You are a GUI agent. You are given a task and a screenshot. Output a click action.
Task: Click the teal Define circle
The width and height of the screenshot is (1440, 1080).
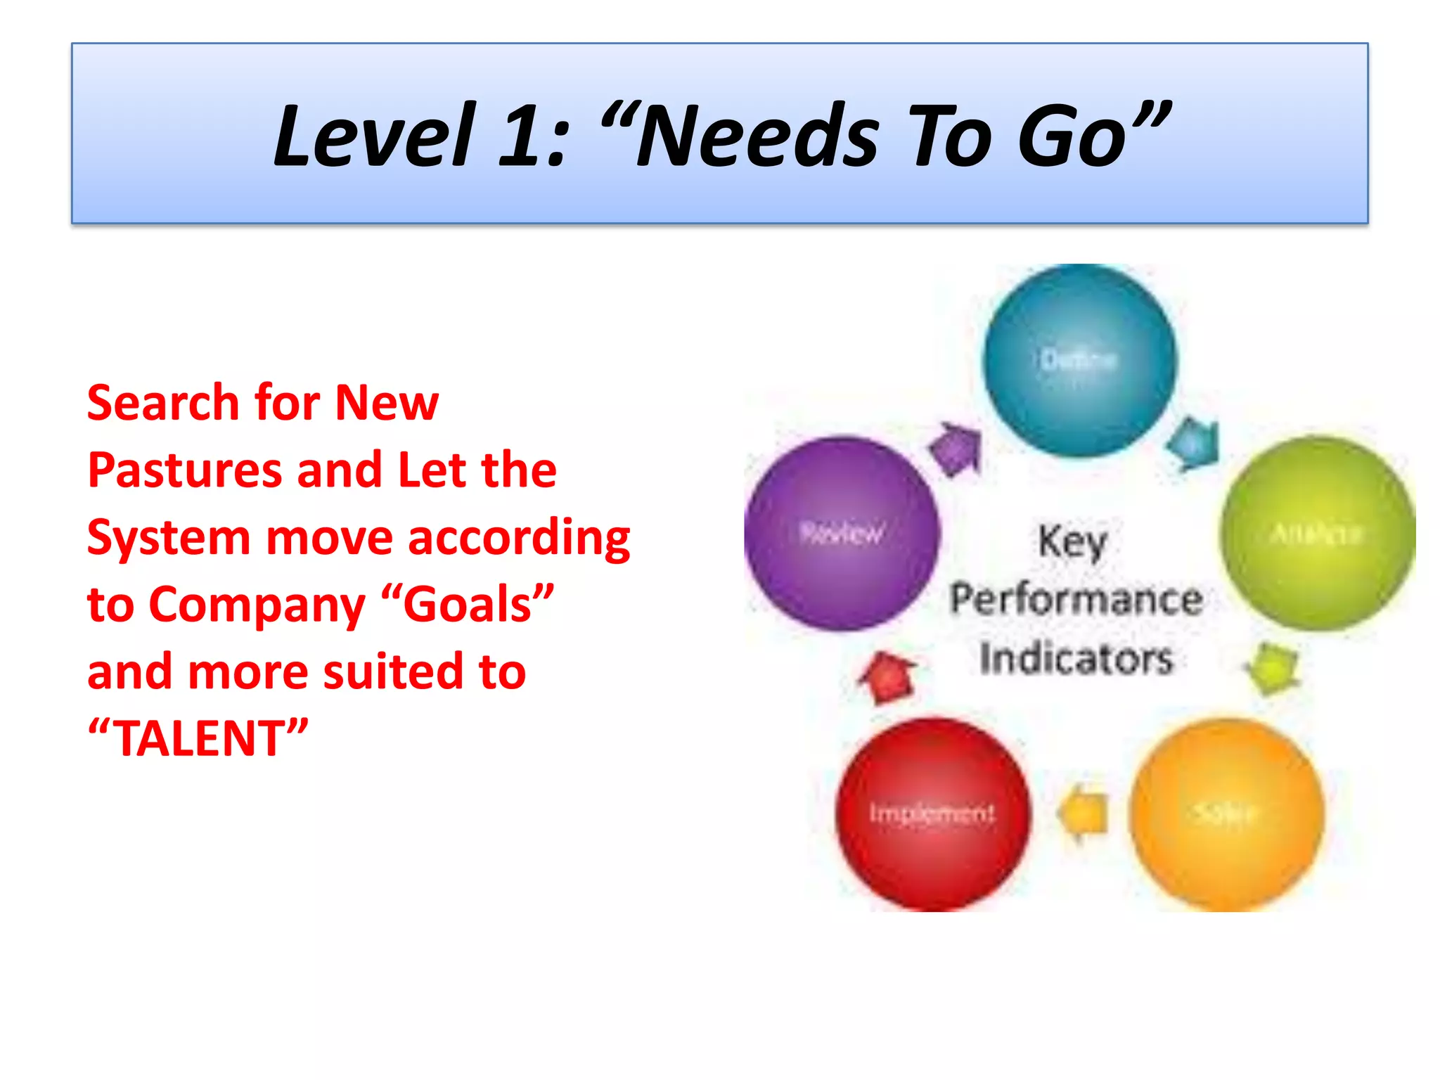1079,361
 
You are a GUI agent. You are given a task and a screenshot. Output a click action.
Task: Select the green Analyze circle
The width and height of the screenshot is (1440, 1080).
1316,533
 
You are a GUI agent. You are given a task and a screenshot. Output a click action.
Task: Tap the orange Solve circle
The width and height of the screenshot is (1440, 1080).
1226,814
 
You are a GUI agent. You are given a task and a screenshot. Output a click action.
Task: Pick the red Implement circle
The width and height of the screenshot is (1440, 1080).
932,814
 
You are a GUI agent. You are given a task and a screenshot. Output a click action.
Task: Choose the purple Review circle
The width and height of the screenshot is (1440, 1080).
842,533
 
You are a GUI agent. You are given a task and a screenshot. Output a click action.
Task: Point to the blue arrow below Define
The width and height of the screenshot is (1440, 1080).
1193,443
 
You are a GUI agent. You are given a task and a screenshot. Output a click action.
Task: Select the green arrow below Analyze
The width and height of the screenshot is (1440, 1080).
1273,667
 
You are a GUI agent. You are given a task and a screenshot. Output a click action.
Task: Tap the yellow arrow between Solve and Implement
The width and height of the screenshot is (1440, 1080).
1084,814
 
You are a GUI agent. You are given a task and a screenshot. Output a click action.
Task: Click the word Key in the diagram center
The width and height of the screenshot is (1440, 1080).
1072,542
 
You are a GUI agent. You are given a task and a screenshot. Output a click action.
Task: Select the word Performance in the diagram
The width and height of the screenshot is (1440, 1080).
1076,600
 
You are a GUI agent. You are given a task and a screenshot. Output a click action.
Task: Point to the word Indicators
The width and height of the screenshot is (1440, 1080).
1076,659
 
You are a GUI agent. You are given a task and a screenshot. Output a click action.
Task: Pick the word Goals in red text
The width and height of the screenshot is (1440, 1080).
468,604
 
